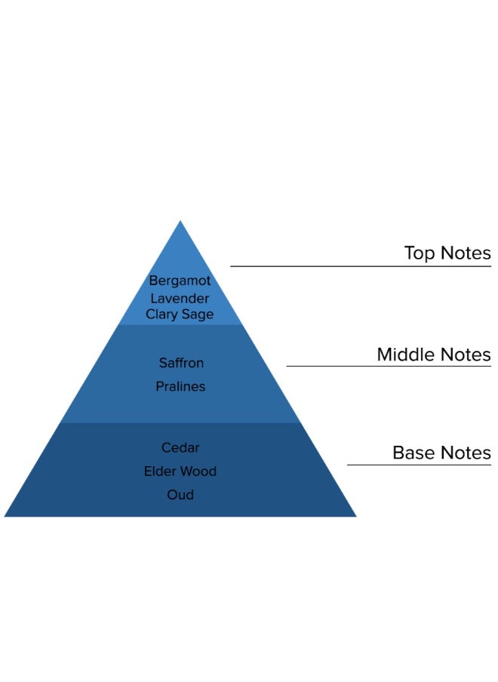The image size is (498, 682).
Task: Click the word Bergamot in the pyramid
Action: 180,281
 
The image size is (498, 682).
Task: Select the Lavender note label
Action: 180,298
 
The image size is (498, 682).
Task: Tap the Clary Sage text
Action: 180,315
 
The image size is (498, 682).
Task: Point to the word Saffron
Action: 181,363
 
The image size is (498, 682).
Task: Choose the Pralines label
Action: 180,386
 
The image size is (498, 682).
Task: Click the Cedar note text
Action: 180,447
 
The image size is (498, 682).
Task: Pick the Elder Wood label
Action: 180,472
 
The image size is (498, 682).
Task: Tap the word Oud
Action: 180,495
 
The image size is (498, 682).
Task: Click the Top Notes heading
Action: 447,253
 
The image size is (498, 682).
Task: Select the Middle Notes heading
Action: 434,355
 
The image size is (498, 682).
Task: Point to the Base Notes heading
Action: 441,453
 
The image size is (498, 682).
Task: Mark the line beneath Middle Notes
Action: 389,367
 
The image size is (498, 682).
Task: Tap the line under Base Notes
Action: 419,465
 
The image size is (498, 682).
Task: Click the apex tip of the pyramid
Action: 180,222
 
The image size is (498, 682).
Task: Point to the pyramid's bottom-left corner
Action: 6,515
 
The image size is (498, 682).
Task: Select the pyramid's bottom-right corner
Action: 355,515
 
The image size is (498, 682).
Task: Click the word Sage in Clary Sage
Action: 198,315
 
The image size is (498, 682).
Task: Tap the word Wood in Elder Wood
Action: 200,472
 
